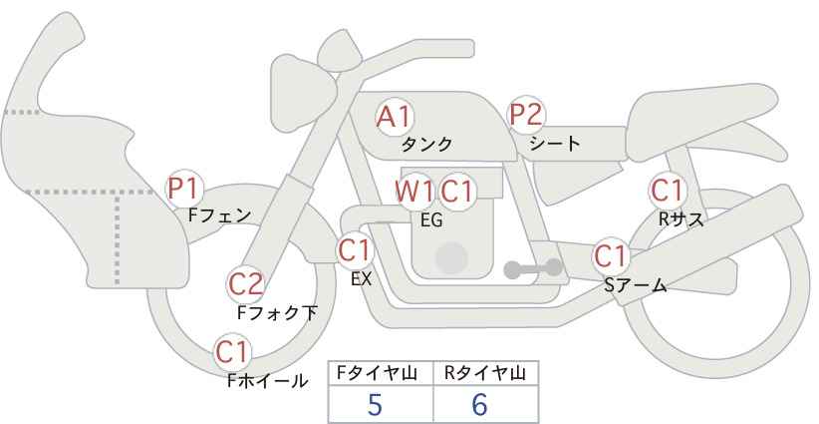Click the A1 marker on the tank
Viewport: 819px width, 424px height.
[x=395, y=117]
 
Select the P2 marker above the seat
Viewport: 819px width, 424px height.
[x=526, y=115]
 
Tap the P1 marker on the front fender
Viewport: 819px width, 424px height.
[x=184, y=189]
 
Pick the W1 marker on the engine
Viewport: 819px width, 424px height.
[x=414, y=192]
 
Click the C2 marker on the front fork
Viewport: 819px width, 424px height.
[x=246, y=285]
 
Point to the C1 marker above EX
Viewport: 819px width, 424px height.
[x=355, y=250]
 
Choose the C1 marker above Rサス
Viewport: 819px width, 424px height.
[x=668, y=191]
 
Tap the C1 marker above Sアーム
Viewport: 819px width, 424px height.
[x=611, y=256]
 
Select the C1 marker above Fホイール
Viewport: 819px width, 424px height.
[x=232, y=352]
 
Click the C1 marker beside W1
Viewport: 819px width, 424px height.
[x=456, y=192]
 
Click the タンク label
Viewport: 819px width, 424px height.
[x=426, y=145]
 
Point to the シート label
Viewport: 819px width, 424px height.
[x=555, y=143]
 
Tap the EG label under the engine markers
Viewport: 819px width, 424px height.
[x=432, y=220]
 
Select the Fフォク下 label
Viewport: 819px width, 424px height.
[x=277, y=312]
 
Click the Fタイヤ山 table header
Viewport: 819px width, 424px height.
[x=377, y=373]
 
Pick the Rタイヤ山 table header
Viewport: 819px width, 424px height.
[x=485, y=373]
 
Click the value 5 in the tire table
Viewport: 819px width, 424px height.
[x=375, y=404]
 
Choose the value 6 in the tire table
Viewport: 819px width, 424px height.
[x=479, y=404]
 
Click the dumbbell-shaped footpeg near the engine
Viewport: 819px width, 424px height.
[x=533, y=268]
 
